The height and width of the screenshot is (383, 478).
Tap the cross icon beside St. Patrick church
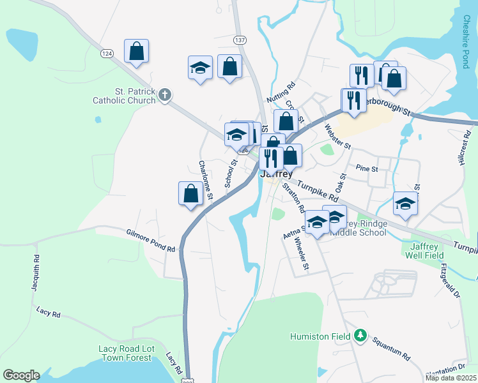tap(165, 96)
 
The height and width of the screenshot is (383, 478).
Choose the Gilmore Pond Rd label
tap(150, 241)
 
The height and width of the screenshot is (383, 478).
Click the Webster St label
tap(338, 136)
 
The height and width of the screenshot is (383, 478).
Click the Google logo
tap(21, 375)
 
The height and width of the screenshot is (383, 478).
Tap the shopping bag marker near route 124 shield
tap(137, 51)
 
